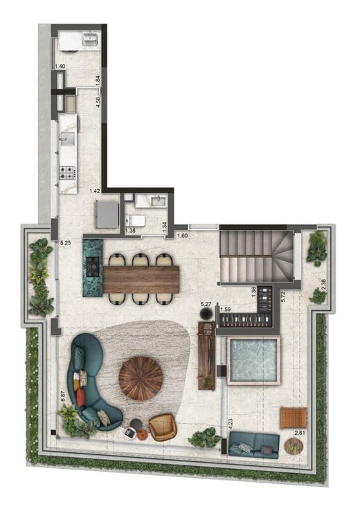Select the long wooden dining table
[141, 279]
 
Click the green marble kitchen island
[92, 267]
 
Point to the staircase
[257, 257]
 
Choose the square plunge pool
[253, 361]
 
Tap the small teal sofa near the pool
[253, 444]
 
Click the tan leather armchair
[163, 427]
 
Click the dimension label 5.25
[66, 243]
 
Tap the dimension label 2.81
[300, 434]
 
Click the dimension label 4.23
[229, 419]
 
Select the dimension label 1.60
[183, 236]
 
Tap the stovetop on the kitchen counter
[68, 172]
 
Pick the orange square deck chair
[293, 418]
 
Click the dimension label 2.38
[325, 283]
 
